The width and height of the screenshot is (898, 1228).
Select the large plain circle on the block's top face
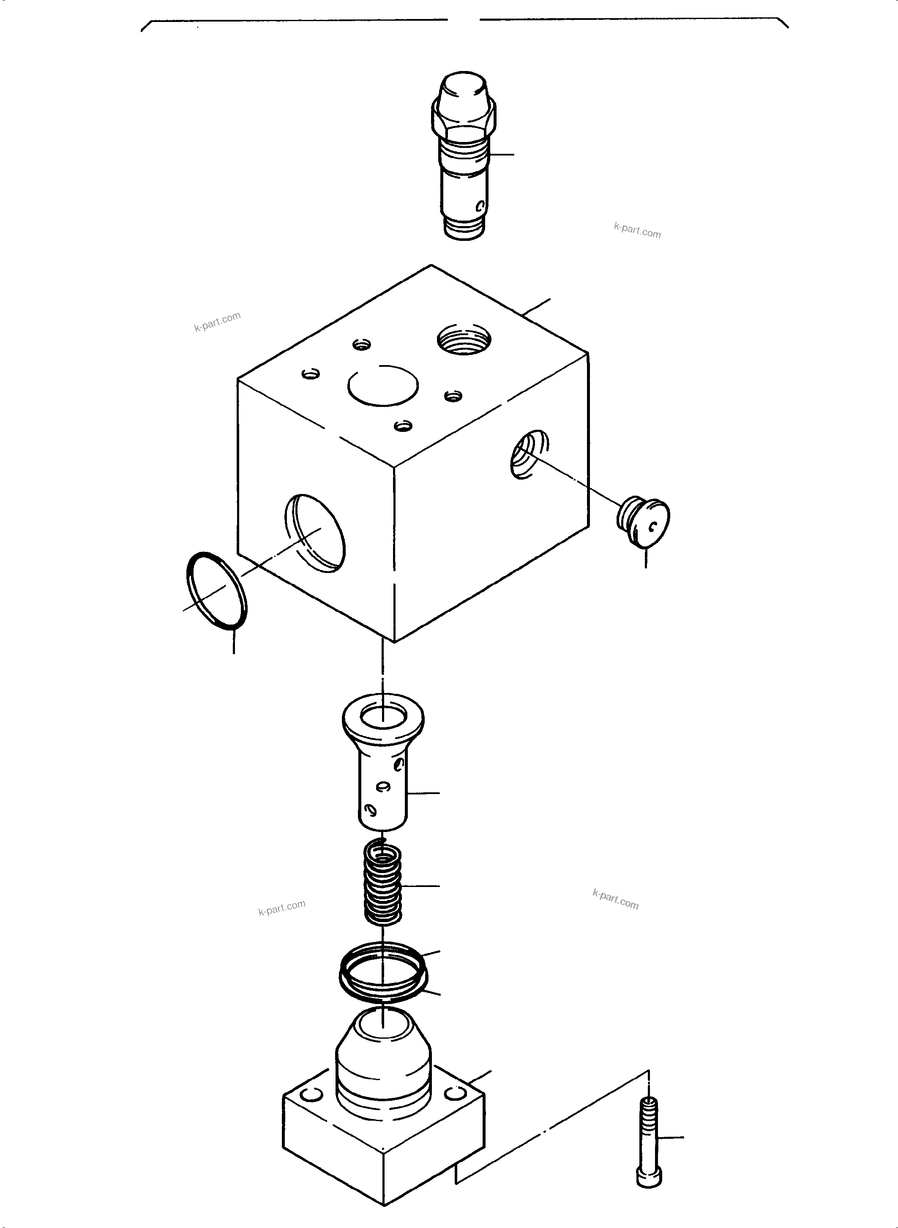tap(383, 385)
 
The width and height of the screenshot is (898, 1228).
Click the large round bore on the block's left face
tap(315, 533)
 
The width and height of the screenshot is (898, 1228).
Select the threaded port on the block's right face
tap(529, 453)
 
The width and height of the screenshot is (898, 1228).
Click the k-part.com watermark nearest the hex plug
tap(637, 231)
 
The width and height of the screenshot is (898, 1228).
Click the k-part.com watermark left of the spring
tap(281, 907)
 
